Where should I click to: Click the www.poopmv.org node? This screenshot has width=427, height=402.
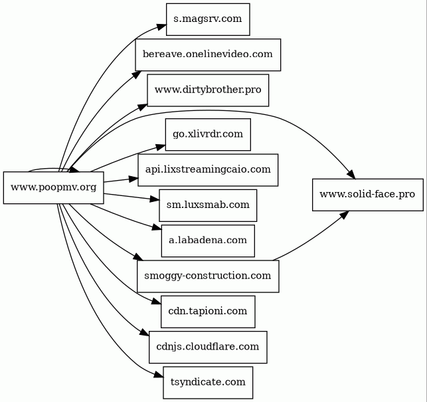point(53,187)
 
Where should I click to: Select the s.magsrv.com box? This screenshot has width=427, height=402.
point(208,19)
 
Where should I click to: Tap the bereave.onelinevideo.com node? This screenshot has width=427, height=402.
point(208,54)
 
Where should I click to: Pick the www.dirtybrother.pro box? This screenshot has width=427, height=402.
point(208,90)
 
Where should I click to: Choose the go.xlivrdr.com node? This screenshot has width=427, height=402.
point(208,134)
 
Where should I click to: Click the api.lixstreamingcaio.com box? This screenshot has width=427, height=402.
point(208,169)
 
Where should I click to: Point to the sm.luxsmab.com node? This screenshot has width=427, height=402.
point(208,205)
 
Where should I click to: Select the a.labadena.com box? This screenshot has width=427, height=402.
point(208,240)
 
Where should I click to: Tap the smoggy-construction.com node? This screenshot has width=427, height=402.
point(208,276)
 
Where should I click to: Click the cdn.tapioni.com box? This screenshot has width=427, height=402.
point(208,311)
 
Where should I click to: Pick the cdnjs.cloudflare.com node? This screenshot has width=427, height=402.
point(208,347)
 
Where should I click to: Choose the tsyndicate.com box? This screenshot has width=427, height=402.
point(208,382)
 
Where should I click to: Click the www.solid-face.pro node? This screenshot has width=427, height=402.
point(367,194)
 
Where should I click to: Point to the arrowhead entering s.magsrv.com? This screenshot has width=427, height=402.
point(161,26)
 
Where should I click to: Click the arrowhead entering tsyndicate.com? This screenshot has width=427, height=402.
point(159,377)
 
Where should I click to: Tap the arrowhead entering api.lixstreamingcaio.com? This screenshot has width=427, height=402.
point(133,178)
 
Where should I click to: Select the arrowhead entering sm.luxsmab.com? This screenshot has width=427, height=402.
point(155,199)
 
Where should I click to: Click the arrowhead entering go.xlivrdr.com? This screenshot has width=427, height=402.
point(160,146)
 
